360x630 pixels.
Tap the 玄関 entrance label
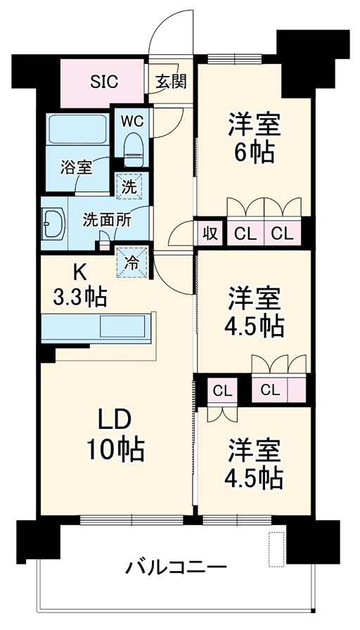click(x=170, y=81)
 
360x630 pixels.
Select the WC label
click(x=131, y=120)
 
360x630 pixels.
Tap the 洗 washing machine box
click(x=129, y=187)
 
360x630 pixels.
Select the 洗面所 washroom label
click(x=106, y=219)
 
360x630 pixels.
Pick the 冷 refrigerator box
click(x=131, y=262)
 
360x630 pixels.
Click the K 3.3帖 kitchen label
click(x=79, y=288)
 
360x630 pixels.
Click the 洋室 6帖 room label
click(x=253, y=136)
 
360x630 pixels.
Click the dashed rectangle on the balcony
click(x=276, y=548)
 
